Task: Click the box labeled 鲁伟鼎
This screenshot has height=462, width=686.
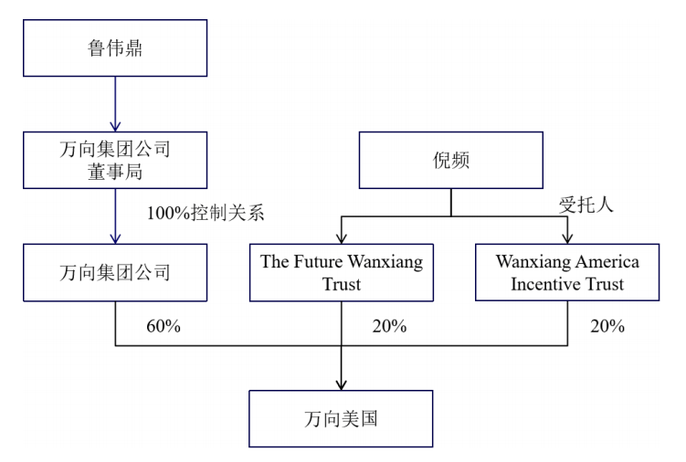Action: tap(115, 48)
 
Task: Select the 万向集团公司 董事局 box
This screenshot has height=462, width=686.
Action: tap(115, 160)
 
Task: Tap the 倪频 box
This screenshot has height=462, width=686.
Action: tap(451, 160)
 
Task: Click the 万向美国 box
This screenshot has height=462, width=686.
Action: tap(341, 419)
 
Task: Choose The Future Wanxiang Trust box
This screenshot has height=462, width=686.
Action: tap(342, 273)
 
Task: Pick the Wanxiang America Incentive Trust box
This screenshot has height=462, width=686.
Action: tap(567, 272)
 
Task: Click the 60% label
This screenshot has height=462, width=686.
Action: tap(164, 326)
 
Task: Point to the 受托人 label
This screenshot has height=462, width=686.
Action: tap(586, 205)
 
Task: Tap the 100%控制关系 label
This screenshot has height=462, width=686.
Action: tap(206, 214)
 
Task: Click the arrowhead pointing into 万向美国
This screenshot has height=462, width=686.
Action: tap(342, 385)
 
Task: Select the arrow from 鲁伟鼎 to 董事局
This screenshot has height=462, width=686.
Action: tap(115, 104)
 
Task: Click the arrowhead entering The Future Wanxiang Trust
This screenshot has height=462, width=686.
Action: tap(342, 238)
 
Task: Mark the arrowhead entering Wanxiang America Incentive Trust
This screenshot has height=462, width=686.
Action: tap(567, 238)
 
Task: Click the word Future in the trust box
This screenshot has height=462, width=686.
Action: tap(318, 262)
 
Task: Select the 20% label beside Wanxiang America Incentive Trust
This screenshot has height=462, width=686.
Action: tap(607, 326)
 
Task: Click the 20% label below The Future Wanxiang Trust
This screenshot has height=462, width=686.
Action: tap(389, 326)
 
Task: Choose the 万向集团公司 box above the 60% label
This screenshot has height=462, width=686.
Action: tap(115, 273)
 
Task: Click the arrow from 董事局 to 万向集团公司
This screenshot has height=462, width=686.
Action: tap(115, 216)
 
